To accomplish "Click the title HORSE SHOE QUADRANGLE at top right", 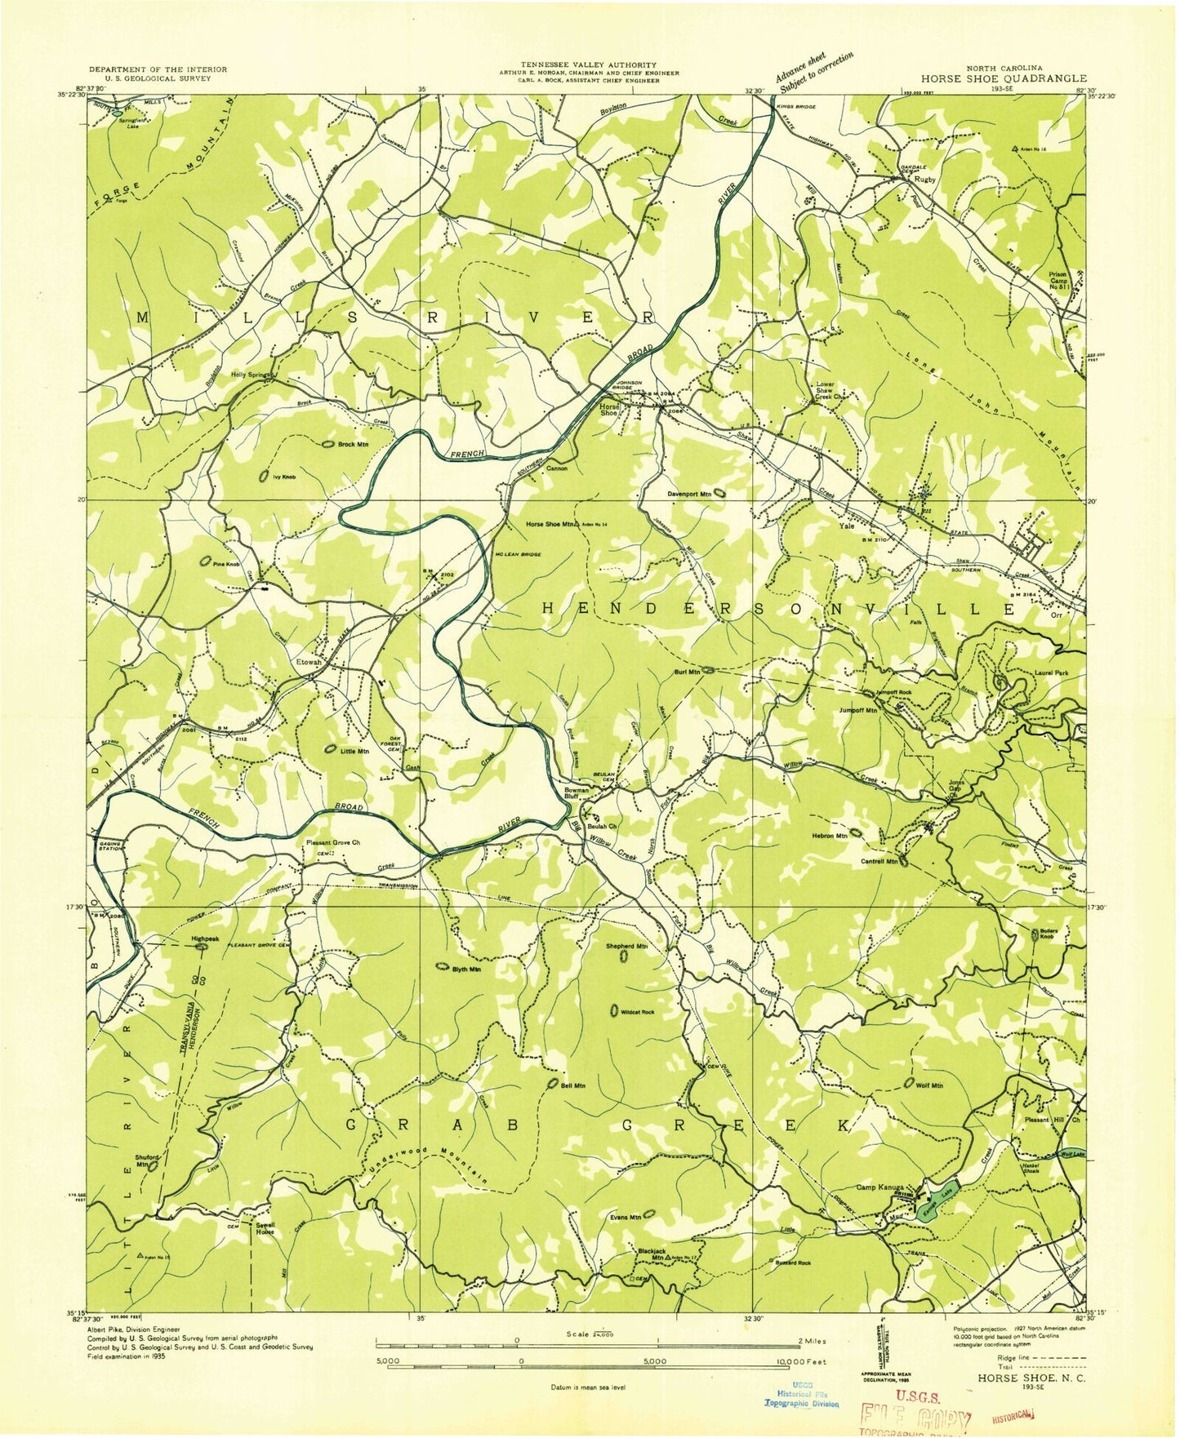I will click(1004, 78).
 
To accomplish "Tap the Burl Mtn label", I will click(688, 672).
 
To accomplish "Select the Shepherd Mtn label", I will click(626, 946).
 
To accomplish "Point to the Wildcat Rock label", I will click(638, 1012).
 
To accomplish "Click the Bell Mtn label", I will click(573, 1086).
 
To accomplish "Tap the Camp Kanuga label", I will click(879, 1187).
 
